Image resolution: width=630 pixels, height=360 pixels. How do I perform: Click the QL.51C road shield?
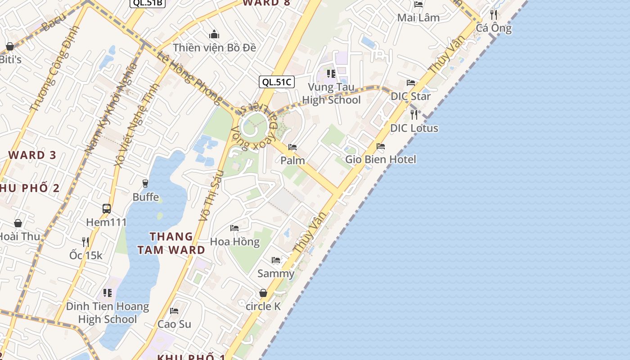277,82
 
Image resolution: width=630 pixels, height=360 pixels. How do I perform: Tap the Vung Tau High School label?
331,94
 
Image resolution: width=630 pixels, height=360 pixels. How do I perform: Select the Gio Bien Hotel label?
381,159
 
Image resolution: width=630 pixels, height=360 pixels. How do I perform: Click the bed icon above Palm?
292,147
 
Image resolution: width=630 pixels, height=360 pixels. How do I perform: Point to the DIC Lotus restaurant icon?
414,114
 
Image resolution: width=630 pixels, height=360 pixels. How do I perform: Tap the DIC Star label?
410,96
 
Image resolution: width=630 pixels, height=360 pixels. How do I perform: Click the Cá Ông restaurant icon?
494,14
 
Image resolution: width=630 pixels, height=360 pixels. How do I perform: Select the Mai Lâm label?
418,18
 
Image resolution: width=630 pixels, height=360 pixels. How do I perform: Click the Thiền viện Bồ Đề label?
214,47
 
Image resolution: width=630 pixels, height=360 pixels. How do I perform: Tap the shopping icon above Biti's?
9,46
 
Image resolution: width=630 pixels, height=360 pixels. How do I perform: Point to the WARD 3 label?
32,155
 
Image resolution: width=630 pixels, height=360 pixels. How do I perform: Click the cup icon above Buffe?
145,183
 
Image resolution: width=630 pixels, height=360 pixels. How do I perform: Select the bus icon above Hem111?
107,209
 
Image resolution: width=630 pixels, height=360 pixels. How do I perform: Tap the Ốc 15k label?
85,256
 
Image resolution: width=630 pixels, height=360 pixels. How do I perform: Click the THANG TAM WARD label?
171,243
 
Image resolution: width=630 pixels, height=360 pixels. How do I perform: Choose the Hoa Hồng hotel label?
235,242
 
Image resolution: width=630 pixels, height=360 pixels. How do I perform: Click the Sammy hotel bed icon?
276,260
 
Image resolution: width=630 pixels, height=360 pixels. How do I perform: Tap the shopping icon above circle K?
263,293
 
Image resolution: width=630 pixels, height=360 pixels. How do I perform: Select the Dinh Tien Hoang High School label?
108,313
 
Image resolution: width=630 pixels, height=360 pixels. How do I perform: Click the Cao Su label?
174,324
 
